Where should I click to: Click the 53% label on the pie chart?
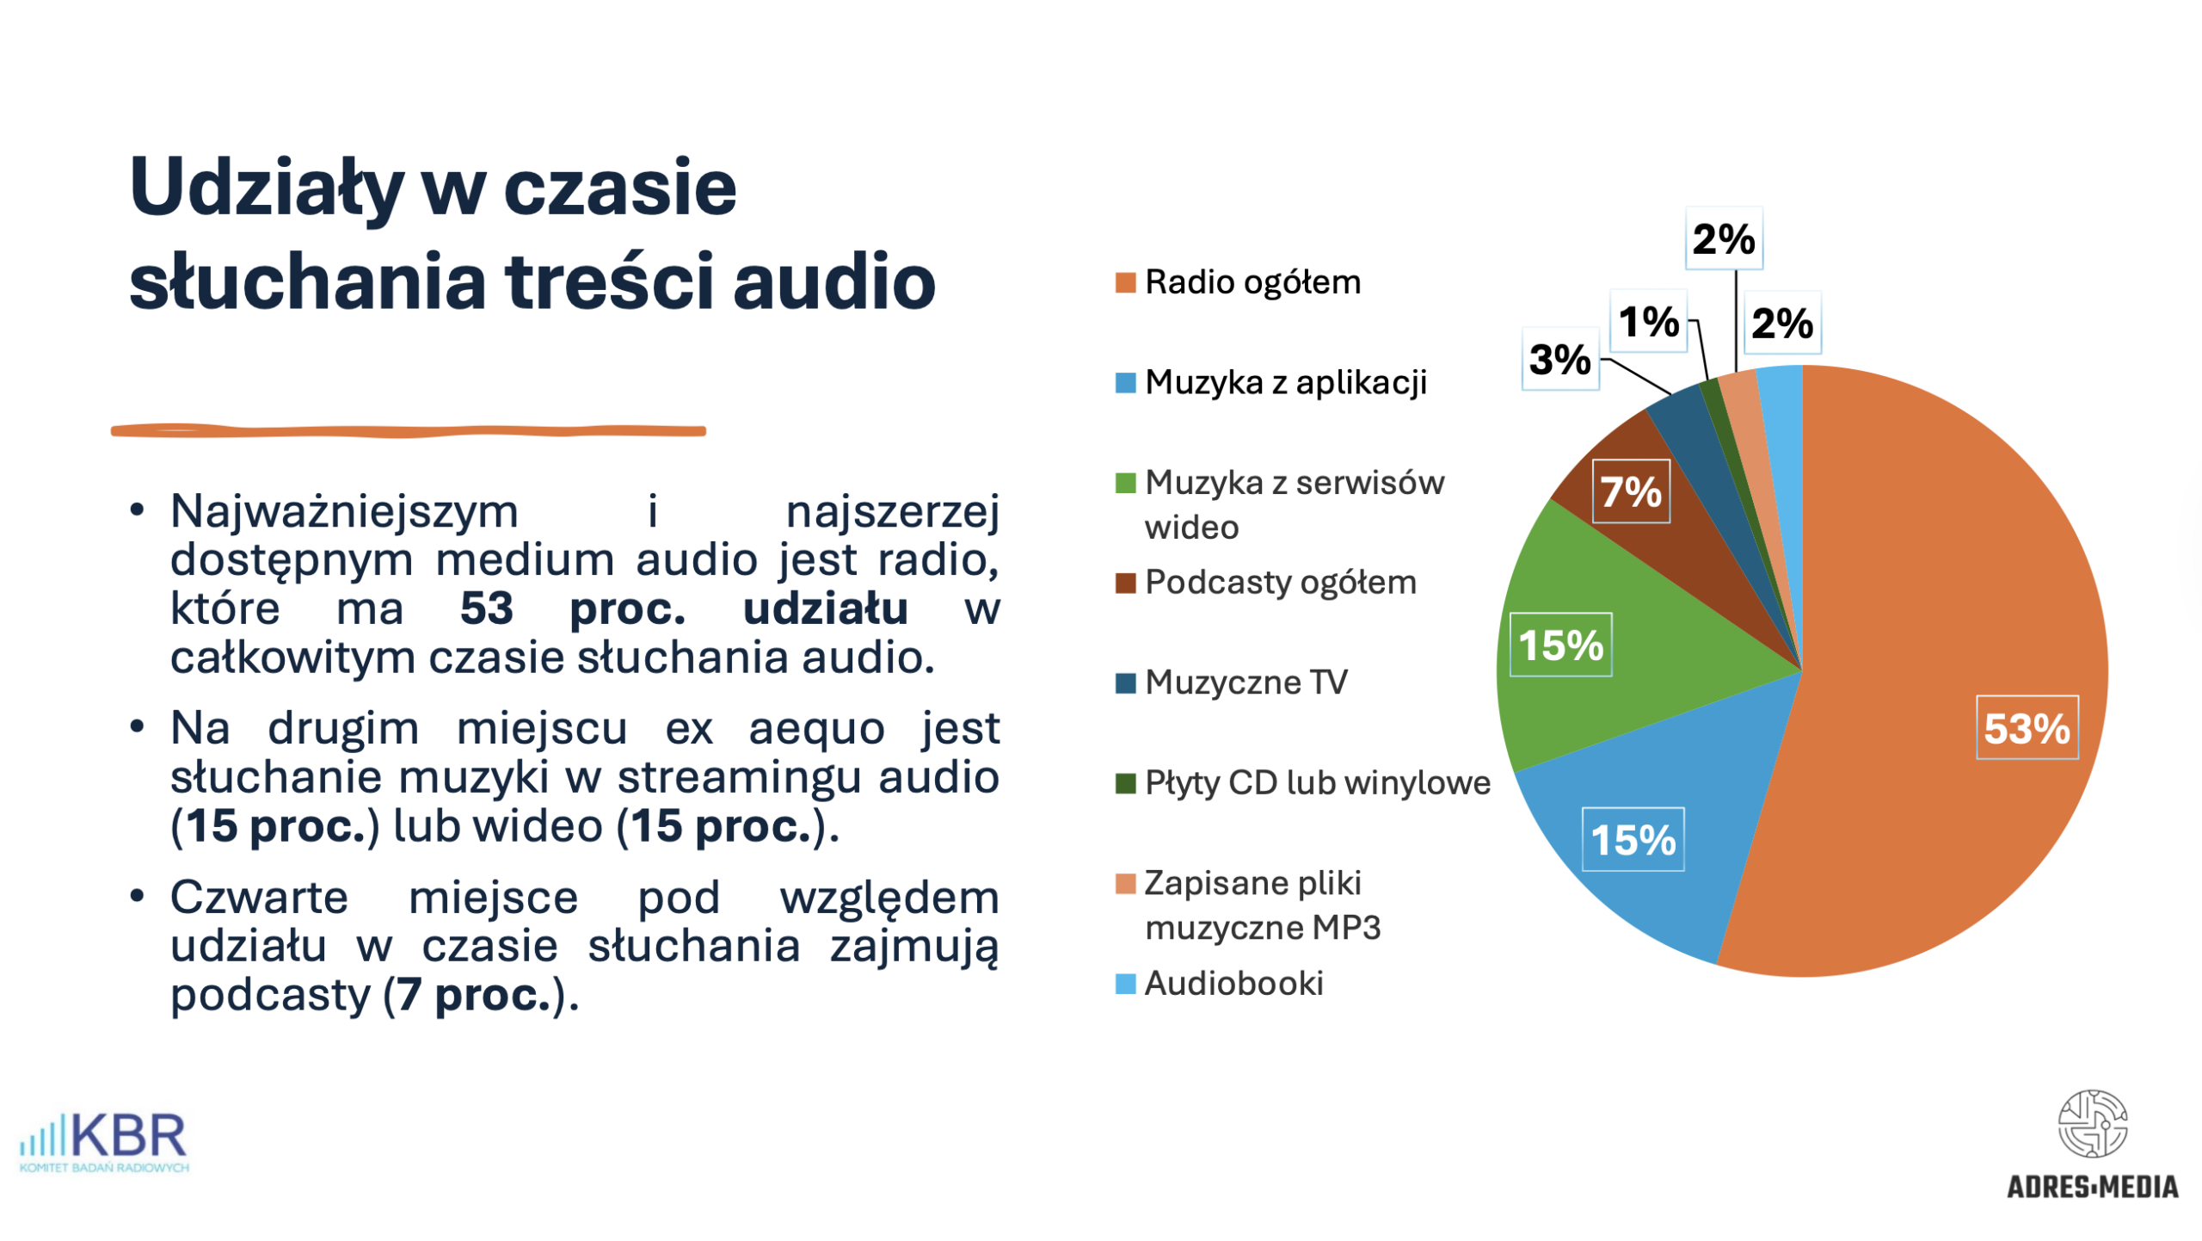pyautogui.click(x=2026, y=728)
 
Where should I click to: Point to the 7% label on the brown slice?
pyautogui.click(x=1630, y=491)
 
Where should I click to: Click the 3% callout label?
pyautogui.click(x=1559, y=359)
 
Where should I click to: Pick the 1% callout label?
pyautogui.click(x=1648, y=322)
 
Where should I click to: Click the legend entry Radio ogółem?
pyautogui.click(x=1252, y=282)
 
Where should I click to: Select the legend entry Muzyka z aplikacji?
pyautogui.click(x=1285, y=382)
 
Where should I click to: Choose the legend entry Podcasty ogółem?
pyautogui.click(x=1280, y=583)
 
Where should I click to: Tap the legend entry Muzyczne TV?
pyautogui.click(x=1246, y=682)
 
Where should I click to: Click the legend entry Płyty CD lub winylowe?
pyautogui.click(x=1317, y=783)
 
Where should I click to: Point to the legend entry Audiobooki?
pyautogui.click(x=1233, y=984)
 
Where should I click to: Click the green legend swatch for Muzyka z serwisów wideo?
pyautogui.click(x=1125, y=484)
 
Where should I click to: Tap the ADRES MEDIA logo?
pyautogui.click(x=2092, y=1145)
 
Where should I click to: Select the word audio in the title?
pyautogui.click(x=833, y=282)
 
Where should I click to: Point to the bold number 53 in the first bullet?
pyautogui.click(x=487, y=608)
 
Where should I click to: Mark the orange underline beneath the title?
pyautogui.click(x=409, y=431)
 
